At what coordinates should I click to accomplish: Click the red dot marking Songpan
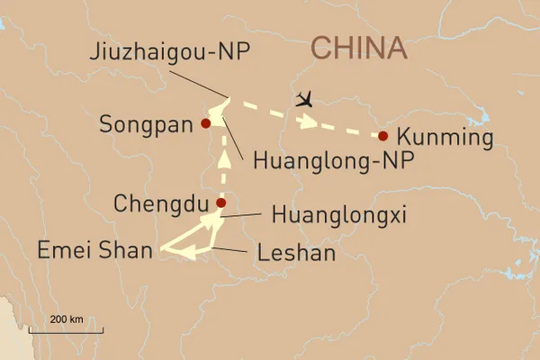point(206,123)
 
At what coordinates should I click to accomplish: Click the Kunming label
point(445,138)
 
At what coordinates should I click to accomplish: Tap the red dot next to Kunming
point(383,136)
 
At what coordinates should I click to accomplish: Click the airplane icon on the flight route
point(306,98)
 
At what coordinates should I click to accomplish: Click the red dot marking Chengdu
point(220,203)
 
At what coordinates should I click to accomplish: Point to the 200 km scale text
point(67,319)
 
